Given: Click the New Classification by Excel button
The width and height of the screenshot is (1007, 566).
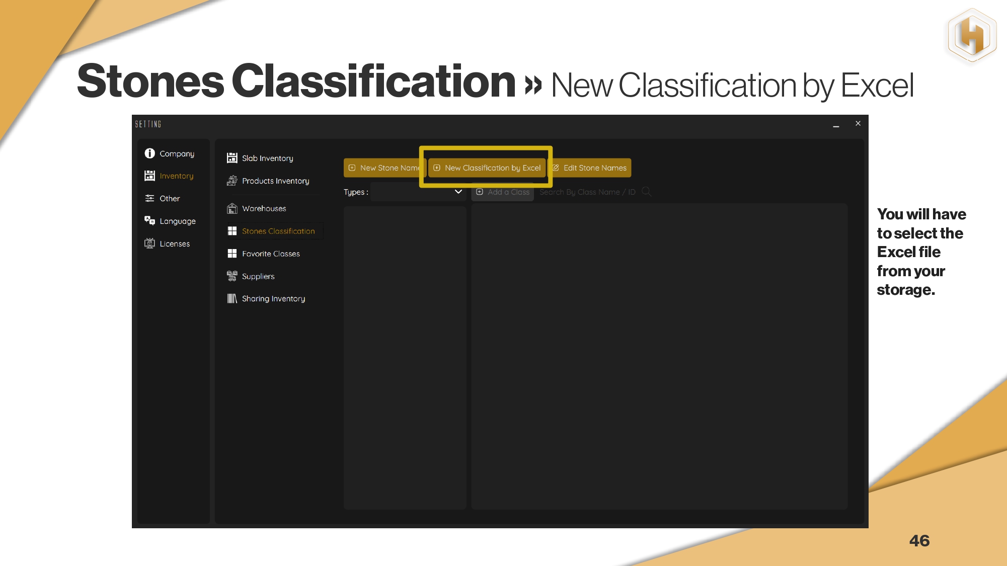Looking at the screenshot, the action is (x=487, y=168).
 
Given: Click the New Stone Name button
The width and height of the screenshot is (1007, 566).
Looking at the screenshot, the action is (x=385, y=168).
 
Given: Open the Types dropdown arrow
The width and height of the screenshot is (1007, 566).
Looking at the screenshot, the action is (x=458, y=192).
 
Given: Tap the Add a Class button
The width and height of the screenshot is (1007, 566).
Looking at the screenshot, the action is (x=502, y=192).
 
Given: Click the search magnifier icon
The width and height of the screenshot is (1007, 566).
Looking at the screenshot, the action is (x=647, y=192).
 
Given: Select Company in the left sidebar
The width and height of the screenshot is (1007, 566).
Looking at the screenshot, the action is (x=170, y=153).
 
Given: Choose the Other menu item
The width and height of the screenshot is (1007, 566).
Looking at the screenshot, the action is (x=162, y=198).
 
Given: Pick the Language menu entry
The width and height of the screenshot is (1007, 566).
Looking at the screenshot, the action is (x=170, y=221).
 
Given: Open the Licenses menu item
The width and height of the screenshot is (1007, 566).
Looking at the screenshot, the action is (x=167, y=244).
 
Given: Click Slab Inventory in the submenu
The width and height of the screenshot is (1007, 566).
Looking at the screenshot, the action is (x=260, y=158).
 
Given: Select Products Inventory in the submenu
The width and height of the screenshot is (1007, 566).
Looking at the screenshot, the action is (x=268, y=181).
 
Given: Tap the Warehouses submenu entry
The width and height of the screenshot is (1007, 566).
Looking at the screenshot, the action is (x=256, y=208).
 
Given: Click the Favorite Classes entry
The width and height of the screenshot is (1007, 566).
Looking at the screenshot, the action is (x=263, y=254).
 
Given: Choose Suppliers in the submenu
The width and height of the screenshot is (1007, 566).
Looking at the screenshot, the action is (x=251, y=276).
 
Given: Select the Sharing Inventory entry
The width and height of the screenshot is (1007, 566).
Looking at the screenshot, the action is (x=266, y=298).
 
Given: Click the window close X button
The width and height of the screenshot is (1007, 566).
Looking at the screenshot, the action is (x=858, y=123).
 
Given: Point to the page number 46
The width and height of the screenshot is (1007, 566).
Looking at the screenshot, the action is (x=919, y=541).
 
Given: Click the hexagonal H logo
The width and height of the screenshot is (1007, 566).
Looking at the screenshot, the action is (x=972, y=35).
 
